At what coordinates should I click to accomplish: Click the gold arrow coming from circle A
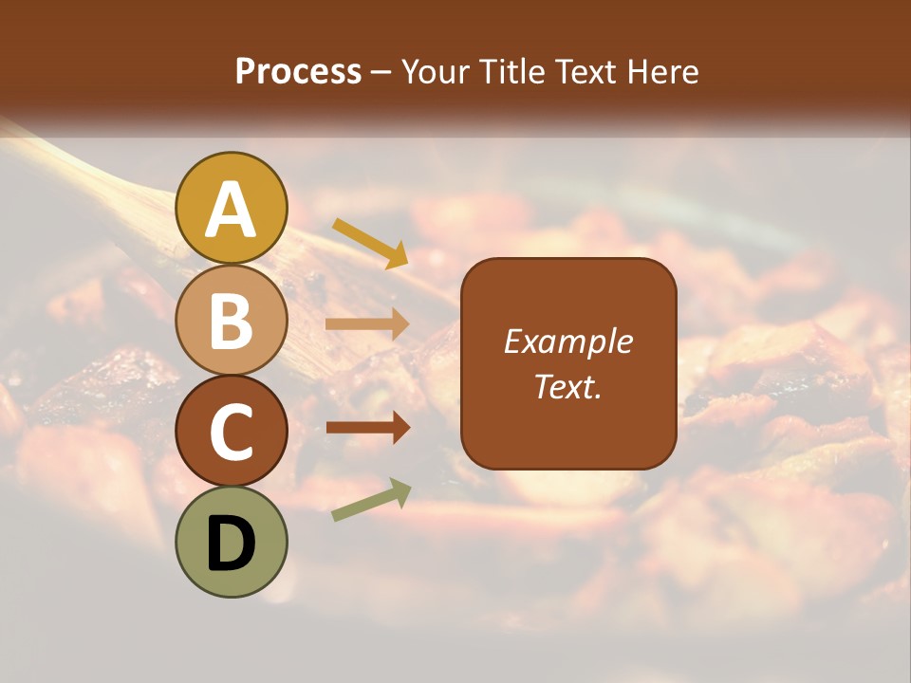tap(370, 243)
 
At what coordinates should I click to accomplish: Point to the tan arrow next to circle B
tap(367, 324)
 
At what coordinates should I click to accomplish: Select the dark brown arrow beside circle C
tap(367, 428)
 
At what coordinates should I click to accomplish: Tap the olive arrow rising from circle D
tap(371, 500)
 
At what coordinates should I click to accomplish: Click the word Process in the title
tap(298, 71)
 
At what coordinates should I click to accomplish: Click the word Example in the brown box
tap(568, 341)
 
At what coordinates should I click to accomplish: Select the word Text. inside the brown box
tap(568, 386)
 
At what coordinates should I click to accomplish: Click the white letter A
tap(232, 210)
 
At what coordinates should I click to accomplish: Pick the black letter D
tap(232, 544)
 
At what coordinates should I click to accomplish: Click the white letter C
tap(232, 433)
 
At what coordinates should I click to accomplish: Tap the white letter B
tap(232, 321)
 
